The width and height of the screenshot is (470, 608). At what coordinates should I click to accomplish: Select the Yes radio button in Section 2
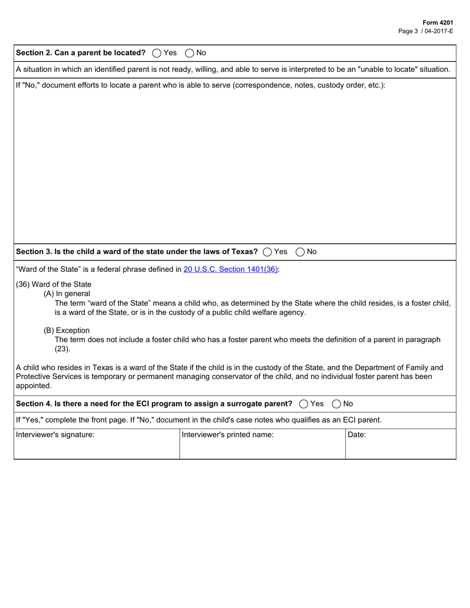pyautogui.click(x=157, y=53)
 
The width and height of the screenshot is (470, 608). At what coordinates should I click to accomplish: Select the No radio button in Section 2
pyautogui.click(x=189, y=53)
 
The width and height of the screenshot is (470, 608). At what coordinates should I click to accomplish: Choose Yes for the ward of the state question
pyautogui.click(x=268, y=252)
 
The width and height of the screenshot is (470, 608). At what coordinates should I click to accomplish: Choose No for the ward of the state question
pyautogui.click(x=300, y=252)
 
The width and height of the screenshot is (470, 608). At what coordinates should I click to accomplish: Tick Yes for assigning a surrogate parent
pyautogui.click(x=304, y=404)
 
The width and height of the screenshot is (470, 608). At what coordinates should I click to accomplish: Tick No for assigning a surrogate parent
pyautogui.click(x=336, y=404)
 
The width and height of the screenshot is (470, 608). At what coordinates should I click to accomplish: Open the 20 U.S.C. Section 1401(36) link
pyautogui.click(x=231, y=269)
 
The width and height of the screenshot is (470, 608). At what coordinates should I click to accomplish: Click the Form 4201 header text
pyautogui.click(x=437, y=23)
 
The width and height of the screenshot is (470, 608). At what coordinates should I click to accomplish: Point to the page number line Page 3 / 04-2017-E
pyautogui.click(x=425, y=31)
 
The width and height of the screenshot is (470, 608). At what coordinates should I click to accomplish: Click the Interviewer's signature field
pyautogui.click(x=96, y=447)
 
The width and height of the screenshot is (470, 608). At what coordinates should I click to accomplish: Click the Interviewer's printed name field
pyautogui.click(x=262, y=447)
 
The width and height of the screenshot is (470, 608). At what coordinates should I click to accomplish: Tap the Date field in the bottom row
pyautogui.click(x=401, y=447)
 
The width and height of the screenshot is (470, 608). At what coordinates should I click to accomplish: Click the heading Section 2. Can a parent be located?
pyautogui.click(x=81, y=53)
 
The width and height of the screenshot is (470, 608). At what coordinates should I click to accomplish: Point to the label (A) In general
pyautogui.click(x=67, y=294)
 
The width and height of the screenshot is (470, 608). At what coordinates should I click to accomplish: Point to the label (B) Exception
pyautogui.click(x=67, y=330)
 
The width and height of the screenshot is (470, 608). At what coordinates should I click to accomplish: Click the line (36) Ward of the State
pyautogui.click(x=54, y=284)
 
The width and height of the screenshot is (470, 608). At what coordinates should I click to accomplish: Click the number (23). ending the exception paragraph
pyautogui.click(x=62, y=349)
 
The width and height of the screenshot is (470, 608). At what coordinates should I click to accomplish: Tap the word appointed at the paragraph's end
pyautogui.click(x=34, y=386)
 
